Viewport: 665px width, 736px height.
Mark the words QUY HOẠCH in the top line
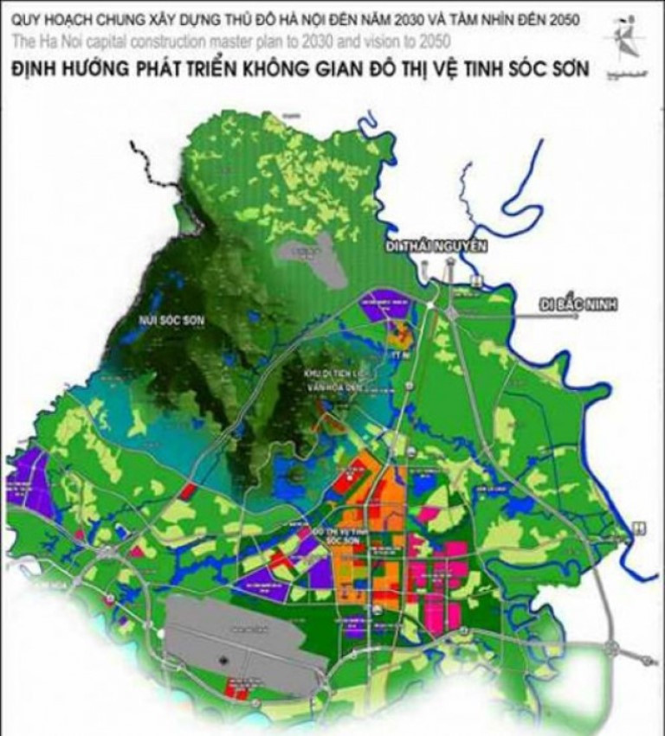[x=47, y=17]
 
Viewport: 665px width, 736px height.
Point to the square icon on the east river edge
[x=638, y=527]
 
